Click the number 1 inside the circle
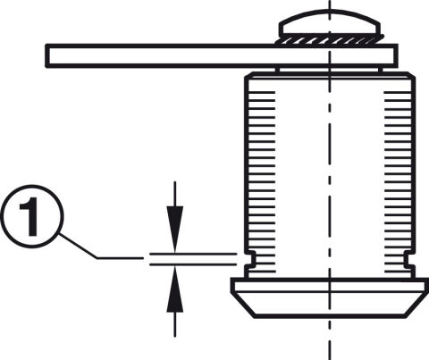pos(29,216)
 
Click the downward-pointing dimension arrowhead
pos(175,229)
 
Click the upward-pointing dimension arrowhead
pos(175,289)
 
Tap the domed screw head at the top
pos(329,23)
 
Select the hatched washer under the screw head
pos(329,40)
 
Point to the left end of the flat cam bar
pos(46,56)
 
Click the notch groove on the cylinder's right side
pos(408,259)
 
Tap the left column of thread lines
pos(262,182)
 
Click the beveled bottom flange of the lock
pos(329,297)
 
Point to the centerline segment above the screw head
pos(330,4)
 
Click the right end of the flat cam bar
pos(397,56)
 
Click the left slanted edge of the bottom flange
pos(243,306)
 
